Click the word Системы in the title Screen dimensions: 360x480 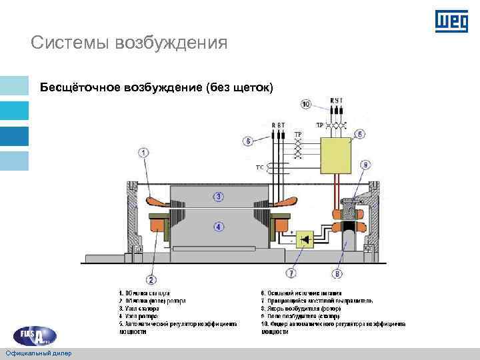(70, 43)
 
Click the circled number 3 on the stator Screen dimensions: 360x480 (218, 196)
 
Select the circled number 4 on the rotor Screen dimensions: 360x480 (218, 227)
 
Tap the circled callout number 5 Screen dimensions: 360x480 (360, 134)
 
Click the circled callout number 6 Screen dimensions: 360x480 (248, 141)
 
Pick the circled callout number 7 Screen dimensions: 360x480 (291, 273)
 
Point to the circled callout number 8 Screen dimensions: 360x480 (338, 273)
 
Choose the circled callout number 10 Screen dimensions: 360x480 (306, 104)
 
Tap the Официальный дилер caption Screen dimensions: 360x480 (39, 352)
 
